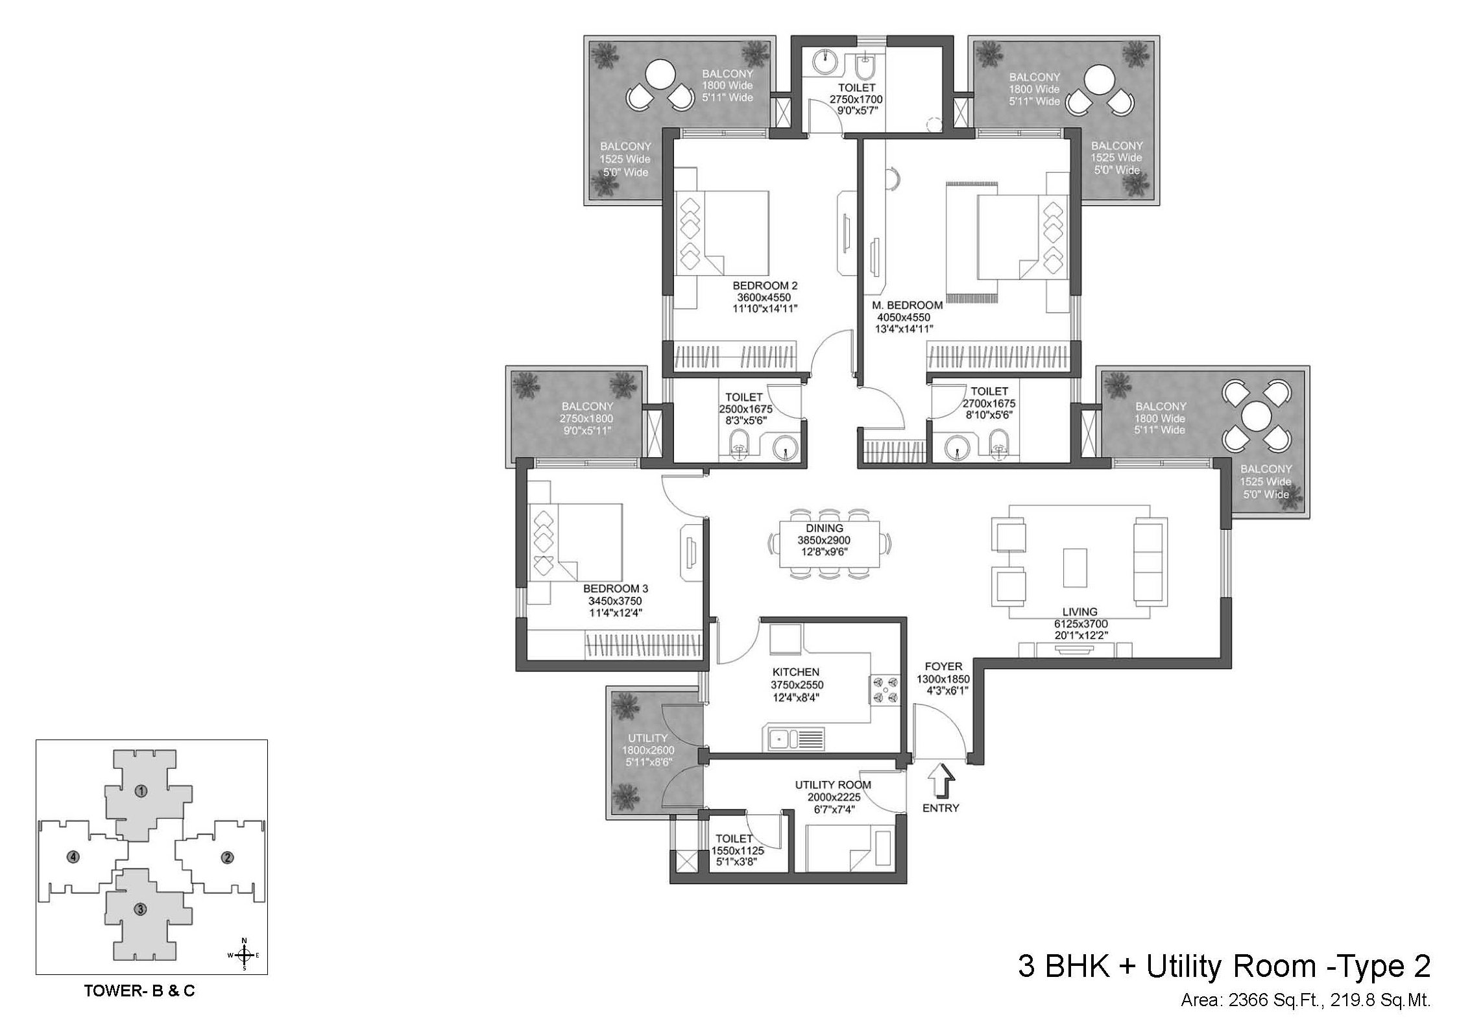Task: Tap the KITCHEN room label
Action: (796, 672)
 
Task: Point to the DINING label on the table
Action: (824, 528)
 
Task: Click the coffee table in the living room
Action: (1074, 568)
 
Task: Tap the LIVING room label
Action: (1079, 612)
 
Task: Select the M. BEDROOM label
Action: (907, 305)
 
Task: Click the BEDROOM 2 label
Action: (765, 285)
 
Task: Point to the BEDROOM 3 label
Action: (615, 588)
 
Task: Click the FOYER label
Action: (943, 666)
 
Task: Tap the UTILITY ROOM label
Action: (833, 785)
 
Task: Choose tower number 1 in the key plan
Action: (141, 791)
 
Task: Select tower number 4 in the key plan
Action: (74, 857)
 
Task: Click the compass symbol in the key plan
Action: (244, 954)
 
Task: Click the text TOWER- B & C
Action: (139, 991)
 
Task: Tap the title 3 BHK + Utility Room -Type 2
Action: (1224, 966)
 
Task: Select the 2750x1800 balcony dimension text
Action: (586, 418)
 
